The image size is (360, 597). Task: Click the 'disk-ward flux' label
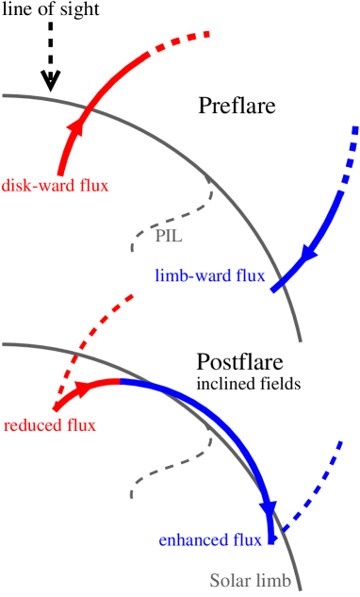point(56,185)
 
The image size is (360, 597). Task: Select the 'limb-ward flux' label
point(210,276)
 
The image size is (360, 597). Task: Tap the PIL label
point(168,236)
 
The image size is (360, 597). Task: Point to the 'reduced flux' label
point(50,424)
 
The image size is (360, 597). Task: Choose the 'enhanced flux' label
point(209,539)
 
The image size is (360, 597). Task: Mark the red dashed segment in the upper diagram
point(179,42)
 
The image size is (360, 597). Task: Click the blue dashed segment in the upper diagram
point(348,160)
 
